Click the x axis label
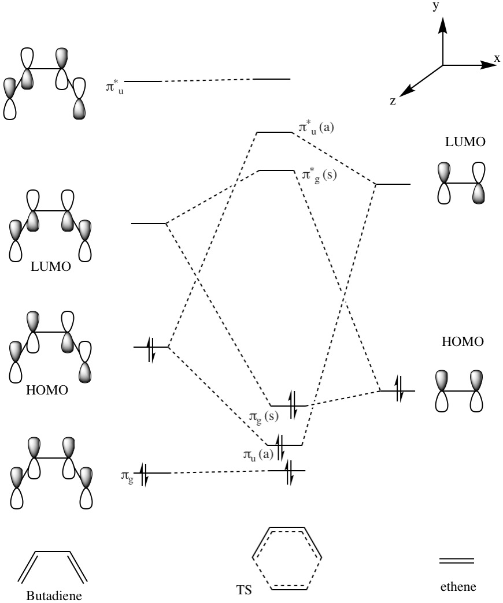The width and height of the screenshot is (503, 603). click(x=497, y=58)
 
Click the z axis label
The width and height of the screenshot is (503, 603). click(x=393, y=101)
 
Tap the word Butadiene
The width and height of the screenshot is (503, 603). click(x=51, y=595)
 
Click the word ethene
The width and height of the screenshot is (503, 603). click(x=456, y=587)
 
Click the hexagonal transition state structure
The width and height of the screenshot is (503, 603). click(x=286, y=558)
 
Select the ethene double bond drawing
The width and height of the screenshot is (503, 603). click(x=457, y=561)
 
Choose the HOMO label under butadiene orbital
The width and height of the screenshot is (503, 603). click(x=47, y=390)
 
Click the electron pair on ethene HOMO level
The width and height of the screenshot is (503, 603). click(x=398, y=391)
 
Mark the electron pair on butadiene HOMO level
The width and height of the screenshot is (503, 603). click(x=150, y=347)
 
